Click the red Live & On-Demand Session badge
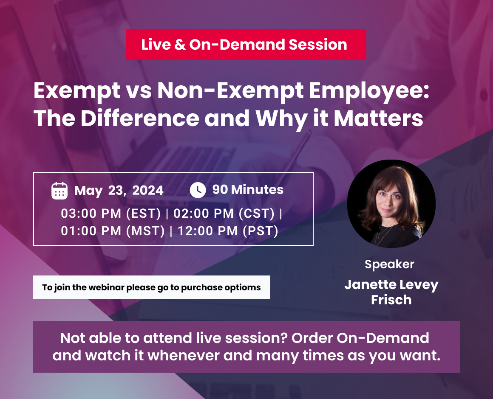tap(246, 45)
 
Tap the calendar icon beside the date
tap(59, 191)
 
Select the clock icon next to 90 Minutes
tap(198, 190)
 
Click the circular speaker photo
tap(391, 204)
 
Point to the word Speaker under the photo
tap(389, 264)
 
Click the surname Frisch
tap(391, 300)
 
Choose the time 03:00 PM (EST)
tap(111, 214)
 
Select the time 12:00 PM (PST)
tap(228, 231)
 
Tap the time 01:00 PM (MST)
tap(113, 231)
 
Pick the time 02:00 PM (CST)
tap(224, 214)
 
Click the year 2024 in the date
tap(147, 191)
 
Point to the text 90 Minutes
tap(248, 190)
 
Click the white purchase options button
tap(151, 287)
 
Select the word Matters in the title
tap(378, 118)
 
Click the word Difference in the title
tap(139, 118)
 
